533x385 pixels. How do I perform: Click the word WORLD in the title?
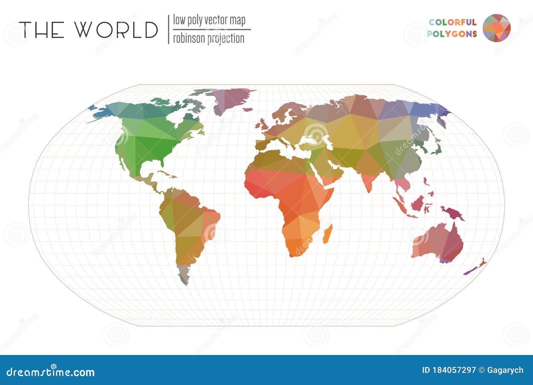coord(116,30)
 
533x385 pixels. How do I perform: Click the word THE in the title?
coord(42,30)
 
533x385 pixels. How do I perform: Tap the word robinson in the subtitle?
coord(189,39)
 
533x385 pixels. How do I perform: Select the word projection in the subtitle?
coord(226,39)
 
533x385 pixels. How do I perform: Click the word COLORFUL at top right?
coord(452,22)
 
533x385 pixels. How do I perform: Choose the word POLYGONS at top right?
coord(452,34)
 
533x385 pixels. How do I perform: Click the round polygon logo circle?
coord(496,28)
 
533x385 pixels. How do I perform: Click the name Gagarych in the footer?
coord(505,370)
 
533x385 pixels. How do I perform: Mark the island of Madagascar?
coord(327,234)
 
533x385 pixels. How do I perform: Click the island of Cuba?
coord(163,173)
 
